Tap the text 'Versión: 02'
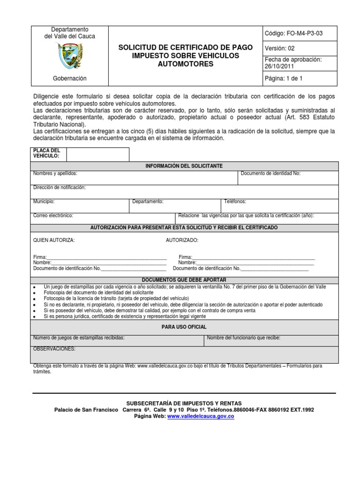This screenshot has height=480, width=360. pyautogui.click(x=280, y=48)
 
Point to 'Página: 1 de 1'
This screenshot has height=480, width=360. pyautogui.click(x=284, y=78)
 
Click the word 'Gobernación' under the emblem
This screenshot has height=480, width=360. pyautogui.click(x=69, y=78)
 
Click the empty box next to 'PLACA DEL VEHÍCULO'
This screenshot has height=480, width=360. pyautogui.click(x=97, y=155)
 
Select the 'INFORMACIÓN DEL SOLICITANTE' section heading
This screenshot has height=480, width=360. pyautogui.click(x=184, y=166)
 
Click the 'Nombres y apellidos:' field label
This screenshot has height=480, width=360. pyautogui.click(x=55, y=173)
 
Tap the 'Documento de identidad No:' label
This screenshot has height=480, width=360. pyautogui.click(x=270, y=173)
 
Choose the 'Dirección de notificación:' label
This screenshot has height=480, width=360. pyautogui.click(x=60, y=187)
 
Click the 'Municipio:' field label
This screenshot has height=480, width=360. pyautogui.click(x=44, y=202)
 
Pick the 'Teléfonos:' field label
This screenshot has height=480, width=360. pyautogui.click(x=235, y=202)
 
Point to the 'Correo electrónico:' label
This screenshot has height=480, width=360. pyautogui.click(x=53, y=216)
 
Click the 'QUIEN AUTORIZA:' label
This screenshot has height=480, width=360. pyautogui.click(x=54, y=240)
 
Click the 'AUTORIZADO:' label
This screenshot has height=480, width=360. pyautogui.click(x=182, y=240)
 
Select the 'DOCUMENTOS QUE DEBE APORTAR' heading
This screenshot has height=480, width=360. pyautogui.click(x=184, y=279)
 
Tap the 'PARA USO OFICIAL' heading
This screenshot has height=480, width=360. pyautogui.click(x=184, y=327)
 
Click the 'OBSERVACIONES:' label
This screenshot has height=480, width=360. pyautogui.click(x=54, y=349)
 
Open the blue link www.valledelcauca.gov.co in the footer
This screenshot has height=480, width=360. pyautogui.click(x=200, y=416)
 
